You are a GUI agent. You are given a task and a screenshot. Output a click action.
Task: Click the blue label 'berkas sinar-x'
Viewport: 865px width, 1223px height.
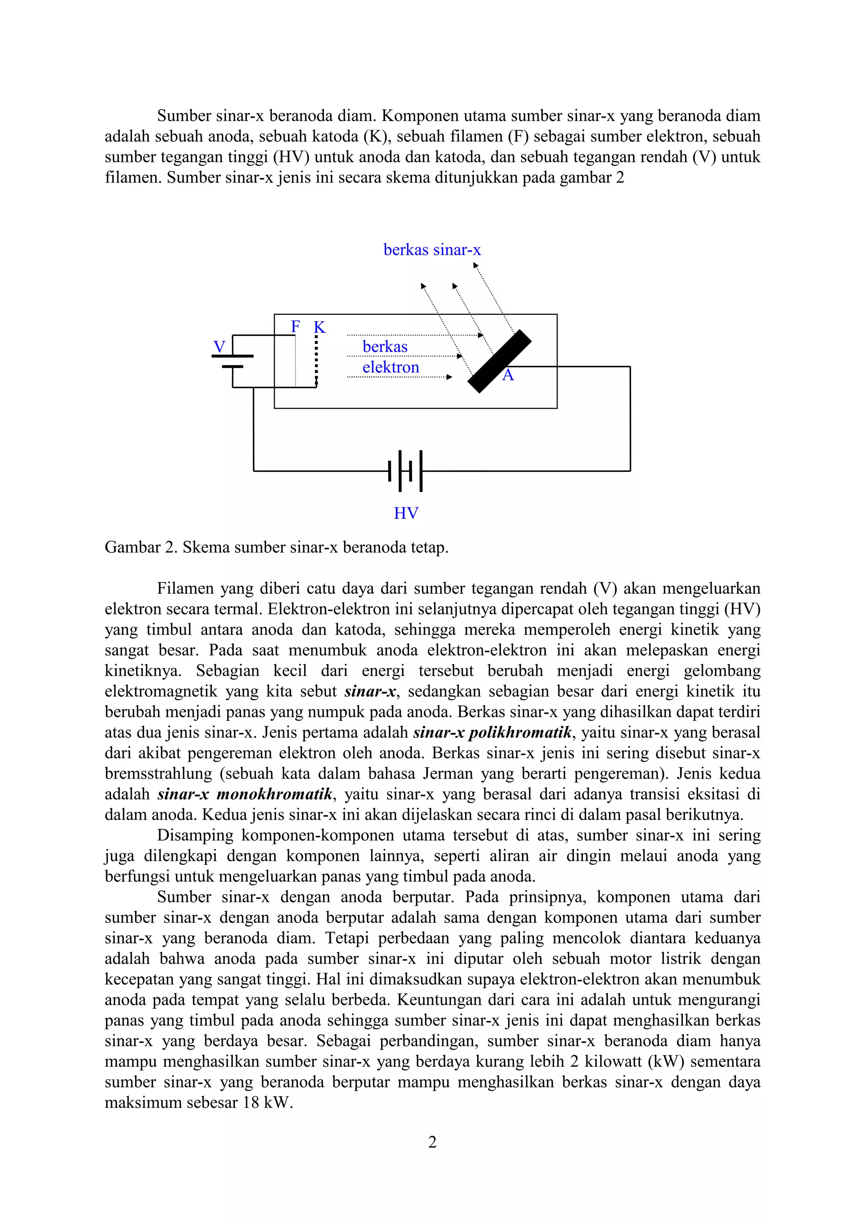coord(432,250)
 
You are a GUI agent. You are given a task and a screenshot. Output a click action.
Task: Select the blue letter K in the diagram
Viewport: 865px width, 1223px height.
coord(319,327)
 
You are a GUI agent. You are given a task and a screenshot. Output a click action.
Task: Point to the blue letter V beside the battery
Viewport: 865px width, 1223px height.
coord(219,347)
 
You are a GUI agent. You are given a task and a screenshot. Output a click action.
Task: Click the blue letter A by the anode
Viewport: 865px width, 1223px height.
coord(508,376)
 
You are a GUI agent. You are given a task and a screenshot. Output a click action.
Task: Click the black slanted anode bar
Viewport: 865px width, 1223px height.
coord(499,361)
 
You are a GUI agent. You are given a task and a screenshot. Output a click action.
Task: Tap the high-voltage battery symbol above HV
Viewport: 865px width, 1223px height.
coord(405,471)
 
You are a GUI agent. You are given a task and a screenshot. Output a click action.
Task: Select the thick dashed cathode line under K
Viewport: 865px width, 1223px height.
coord(317,360)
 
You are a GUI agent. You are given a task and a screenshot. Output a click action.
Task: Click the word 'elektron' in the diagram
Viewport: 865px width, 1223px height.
coord(391,368)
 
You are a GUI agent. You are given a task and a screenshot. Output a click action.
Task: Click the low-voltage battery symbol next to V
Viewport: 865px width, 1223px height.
coord(233,361)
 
